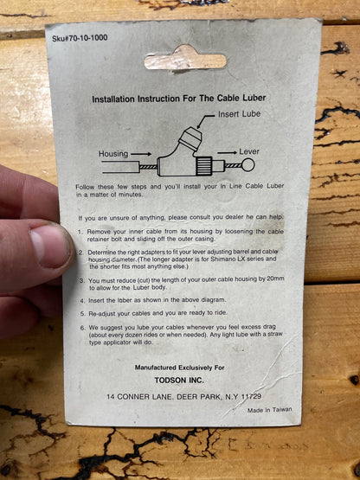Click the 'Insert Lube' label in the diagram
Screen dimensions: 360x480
pyautogui.click(x=240, y=114)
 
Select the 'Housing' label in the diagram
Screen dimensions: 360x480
pyautogui.click(x=113, y=154)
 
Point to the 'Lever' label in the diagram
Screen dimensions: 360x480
pyautogui.click(x=249, y=151)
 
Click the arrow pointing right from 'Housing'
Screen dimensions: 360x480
pyautogui.click(x=141, y=154)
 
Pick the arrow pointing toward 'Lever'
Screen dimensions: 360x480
pyautogui.click(x=227, y=152)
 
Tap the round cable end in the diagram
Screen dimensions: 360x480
pyautogui.click(x=247, y=165)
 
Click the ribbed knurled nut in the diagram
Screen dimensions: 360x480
pyautogui.click(x=204, y=166)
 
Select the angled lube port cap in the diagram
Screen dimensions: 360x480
pyautogui.click(x=190, y=137)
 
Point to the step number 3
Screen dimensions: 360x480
pyautogui.click(x=82, y=281)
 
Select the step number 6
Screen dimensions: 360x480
pyautogui.click(x=82, y=328)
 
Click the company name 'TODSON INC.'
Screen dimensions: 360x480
pyautogui.click(x=179, y=381)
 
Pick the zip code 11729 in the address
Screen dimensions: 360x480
pyautogui.click(x=251, y=396)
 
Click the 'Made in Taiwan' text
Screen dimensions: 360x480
pyautogui.click(x=270, y=410)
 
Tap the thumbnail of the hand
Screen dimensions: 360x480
pyautogui.click(x=49, y=245)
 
